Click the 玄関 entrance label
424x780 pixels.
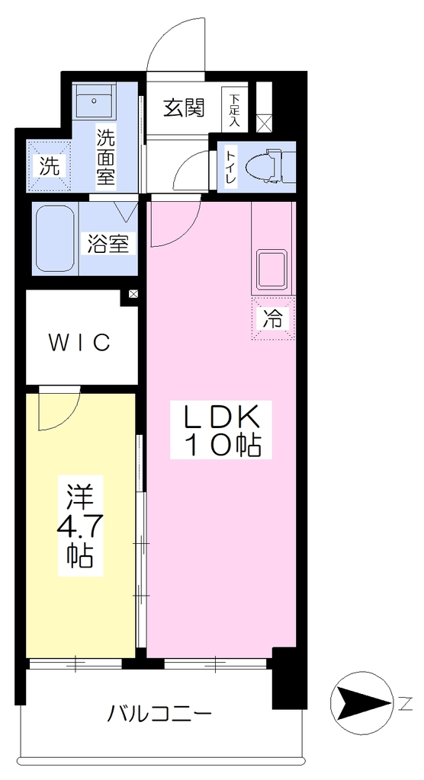coord(185,107)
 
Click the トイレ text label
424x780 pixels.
coord(231,168)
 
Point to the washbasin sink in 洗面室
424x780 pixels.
coord(94,101)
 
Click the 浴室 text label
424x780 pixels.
coord(108,244)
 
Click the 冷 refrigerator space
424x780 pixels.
coord(273,319)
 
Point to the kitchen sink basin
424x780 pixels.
coord(272,269)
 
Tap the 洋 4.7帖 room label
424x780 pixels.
coord(81,526)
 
